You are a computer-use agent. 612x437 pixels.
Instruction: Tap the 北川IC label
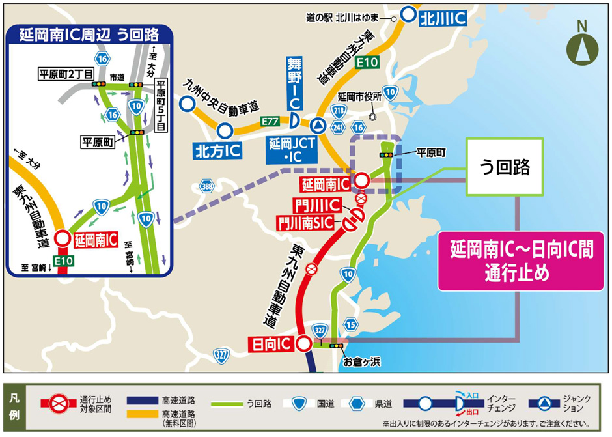[x=443, y=18]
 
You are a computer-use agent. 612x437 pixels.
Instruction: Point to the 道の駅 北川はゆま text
[x=348, y=19]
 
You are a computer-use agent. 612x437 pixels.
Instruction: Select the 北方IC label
[x=217, y=151]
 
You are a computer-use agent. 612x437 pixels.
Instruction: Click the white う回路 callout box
[x=505, y=167]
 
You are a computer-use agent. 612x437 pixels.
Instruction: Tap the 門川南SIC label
[x=307, y=222]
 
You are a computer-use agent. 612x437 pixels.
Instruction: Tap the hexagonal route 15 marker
[x=351, y=324]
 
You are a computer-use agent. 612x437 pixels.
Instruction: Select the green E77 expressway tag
[x=270, y=121]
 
